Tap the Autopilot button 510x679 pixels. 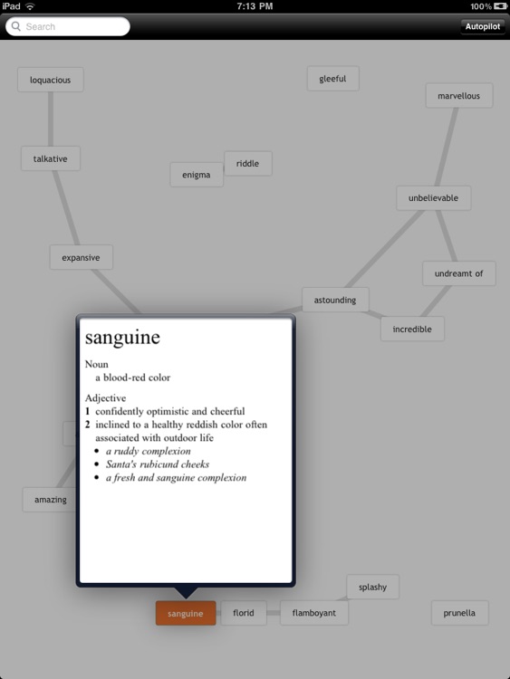pyautogui.click(x=482, y=26)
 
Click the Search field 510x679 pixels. pyautogui.click(x=68, y=26)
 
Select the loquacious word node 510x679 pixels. pyautogui.click(x=50, y=80)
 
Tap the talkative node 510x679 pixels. pyautogui.click(x=50, y=158)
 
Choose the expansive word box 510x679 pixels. pyautogui.click(x=81, y=257)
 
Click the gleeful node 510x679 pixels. pyautogui.click(x=332, y=79)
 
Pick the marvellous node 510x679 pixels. pyautogui.click(x=459, y=96)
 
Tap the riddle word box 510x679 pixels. pyautogui.click(x=248, y=163)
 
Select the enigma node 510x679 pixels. pyautogui.click(x=197, y=175)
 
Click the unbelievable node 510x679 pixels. pyautogui.click(x=433, y=198)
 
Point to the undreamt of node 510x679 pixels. pyautogui.click(x=459, y=273)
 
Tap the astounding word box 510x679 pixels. pyautogui.click(x=335, y=300)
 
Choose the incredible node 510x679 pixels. pyautogui.click(x=412, y=329)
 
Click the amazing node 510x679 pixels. pyautogui.click(x=50, y=499)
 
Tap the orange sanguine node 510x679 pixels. pyautogui.click(x=186, y=613)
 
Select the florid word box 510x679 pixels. pyautogui.click(x=244, y=613)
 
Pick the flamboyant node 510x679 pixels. pyautogui.click(x=314, y=613)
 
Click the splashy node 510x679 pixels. pyautogui.click(x=372, y=587)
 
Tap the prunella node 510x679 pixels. pyautogui.click(x=460, y=613)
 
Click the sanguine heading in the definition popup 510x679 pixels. pyautogui.click(x=122, y=338)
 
